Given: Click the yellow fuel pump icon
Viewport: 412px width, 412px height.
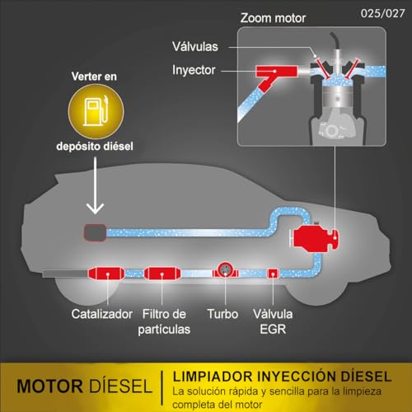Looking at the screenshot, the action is pyautogui.click(x=96, y=111).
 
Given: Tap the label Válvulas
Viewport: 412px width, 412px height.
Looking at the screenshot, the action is pyautogui.click(x=195, y=46).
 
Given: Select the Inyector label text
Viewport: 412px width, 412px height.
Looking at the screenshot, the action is pyautogui.click(x=194, y=70).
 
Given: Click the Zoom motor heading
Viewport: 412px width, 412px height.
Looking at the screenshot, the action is pyautogui.click(x=273, y=18).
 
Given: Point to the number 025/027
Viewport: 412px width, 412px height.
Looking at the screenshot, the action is pyautogui.click(x=382, y=13).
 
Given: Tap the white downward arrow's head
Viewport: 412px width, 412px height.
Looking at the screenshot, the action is pyautogui.click(x=95, y=208).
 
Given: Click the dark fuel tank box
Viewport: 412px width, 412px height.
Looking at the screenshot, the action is pyautogui.click(x=95, y=233).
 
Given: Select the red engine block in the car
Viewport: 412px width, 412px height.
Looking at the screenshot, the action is pyautogui.click(x=316, y=238).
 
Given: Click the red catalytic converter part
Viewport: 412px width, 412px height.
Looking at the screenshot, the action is pyautogui.click(x=106, y=274).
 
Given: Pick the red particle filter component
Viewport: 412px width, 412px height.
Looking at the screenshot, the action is pyautogui.click(x=162, y=274).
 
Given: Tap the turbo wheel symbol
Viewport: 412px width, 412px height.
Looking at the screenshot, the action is pyautogui.click(x=225, y=270).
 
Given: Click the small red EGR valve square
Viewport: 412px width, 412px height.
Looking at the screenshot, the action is pyautogui.click(x=273, y=274).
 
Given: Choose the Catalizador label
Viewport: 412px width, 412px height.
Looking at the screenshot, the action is pyautogui.click(x=102, y=314).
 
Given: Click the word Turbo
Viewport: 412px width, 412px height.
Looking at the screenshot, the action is pyautogui.click(x=222, y=314).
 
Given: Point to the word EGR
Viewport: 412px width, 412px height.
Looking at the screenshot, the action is pyautogui.click(x=273, y=329).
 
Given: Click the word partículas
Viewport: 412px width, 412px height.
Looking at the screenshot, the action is pyautogui.click(x=164, y=330).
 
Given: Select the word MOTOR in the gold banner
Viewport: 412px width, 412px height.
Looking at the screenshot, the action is pyautogui.click(x=50, y=386).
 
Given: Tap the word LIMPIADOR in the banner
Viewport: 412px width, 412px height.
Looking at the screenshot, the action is pyautogui.click(x=213, y=377).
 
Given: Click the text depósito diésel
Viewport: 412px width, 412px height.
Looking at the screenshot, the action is pyautogui.click(x=95, y=146).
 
